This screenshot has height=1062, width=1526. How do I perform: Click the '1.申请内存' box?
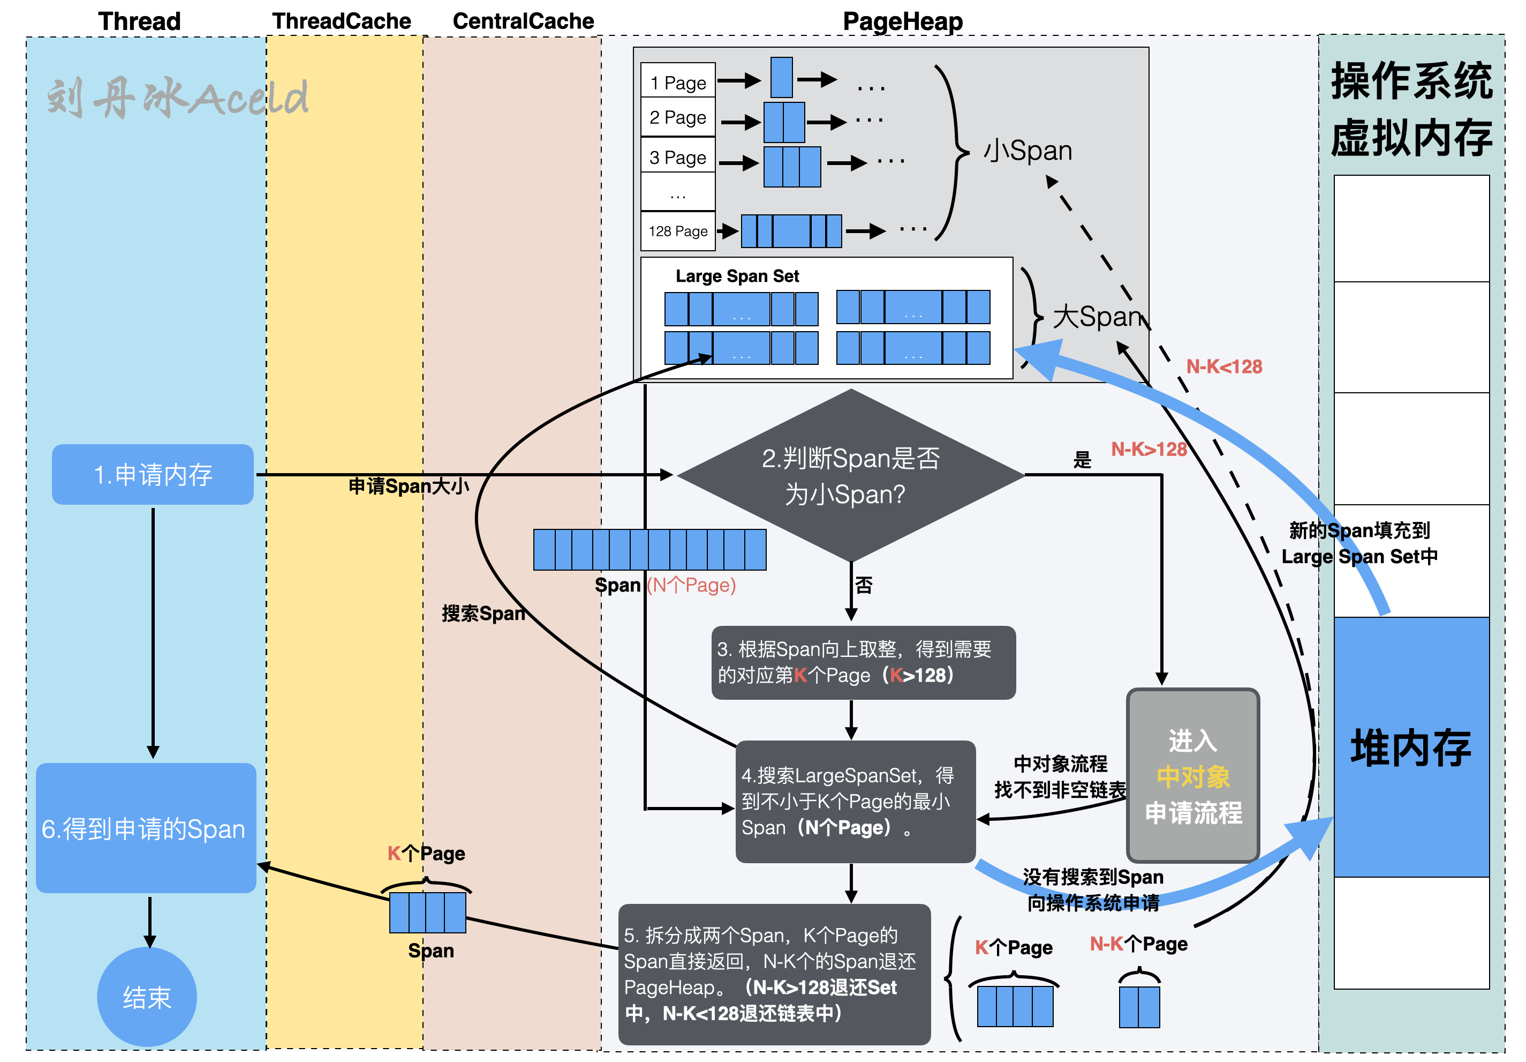click(x=153, y=474)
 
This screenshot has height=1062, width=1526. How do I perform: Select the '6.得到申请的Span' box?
click(x=146, y=828)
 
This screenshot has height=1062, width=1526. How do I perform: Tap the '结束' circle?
click(x=147, y=997)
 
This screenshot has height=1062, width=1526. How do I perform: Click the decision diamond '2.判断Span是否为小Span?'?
click(x=850, y=475)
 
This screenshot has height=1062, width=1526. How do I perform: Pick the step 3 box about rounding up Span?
click(x=863, y=662)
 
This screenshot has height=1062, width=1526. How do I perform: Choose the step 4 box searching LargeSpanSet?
click(x=856, y=801)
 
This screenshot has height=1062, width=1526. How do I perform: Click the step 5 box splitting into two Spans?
click(x=774, y=974)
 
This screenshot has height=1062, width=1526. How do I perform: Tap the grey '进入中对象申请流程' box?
click(x=1193, y=775)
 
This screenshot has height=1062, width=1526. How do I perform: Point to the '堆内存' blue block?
click(x=1411, y=747)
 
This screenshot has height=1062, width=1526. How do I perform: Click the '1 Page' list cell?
click(x=678, y=83)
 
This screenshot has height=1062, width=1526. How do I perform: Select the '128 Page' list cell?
click(x=678, y=231)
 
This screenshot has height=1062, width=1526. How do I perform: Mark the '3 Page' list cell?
click(x=678, y=157)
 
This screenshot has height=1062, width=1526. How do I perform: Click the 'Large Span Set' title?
click(x=737, y=276)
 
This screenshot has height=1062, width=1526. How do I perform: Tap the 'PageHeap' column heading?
click(x=903, y=21)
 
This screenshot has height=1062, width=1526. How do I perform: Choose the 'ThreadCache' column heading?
click(x=342, y=21)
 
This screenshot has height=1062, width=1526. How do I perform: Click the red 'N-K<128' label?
click(x=1223, y=367)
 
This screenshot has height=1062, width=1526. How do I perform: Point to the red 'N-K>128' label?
click(x=1149, y=450)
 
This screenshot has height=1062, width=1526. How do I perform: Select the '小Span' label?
click(x=1028, y=150)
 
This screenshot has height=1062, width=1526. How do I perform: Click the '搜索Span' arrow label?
click(x=483, y=613)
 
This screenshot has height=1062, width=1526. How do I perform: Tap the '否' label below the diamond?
click(x=863, y=585)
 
